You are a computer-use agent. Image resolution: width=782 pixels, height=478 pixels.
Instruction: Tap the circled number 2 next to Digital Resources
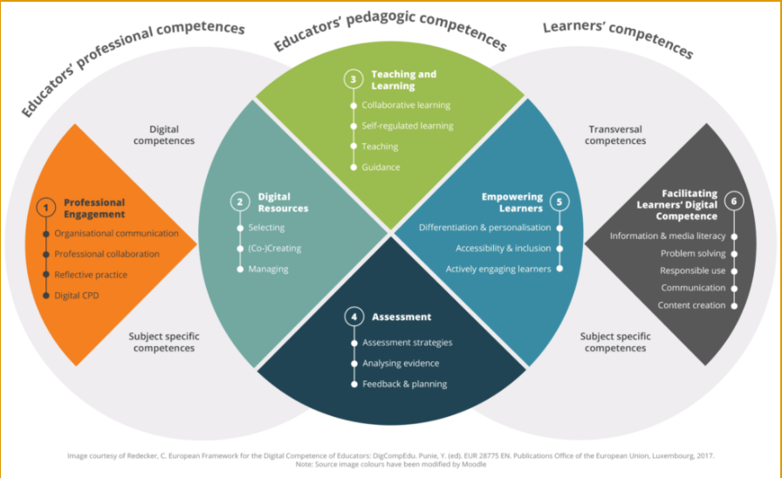[239, 202]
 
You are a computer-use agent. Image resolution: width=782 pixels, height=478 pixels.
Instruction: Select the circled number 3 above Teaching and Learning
[353, 79]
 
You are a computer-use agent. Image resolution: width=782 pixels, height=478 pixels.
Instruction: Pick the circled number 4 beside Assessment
[354, 317]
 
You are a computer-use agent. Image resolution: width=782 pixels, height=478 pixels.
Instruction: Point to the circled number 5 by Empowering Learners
[559, 201]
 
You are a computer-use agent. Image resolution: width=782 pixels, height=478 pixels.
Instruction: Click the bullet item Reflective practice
[91, 275]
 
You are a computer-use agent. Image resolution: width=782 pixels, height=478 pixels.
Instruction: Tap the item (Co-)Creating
[274, 249]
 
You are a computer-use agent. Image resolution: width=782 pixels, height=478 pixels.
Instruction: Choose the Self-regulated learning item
[408, 126]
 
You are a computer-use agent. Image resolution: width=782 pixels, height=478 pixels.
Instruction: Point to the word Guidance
[381, 167]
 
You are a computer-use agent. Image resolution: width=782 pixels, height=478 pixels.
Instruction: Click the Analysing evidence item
[401, 363]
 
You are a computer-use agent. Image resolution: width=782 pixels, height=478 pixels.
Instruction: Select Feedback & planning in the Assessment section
[404, 384]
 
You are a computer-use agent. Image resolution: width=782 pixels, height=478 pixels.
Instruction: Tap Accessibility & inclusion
[503, 249]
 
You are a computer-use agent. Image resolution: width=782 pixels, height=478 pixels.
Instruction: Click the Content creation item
[691, 305]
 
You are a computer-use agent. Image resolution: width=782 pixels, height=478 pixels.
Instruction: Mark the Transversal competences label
[615, 135]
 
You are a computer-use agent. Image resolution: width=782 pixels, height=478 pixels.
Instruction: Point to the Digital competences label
[165, 135]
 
